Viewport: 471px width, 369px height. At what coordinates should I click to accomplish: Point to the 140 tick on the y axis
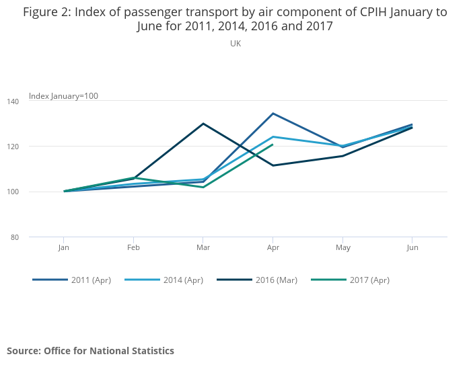(x=34, y=101)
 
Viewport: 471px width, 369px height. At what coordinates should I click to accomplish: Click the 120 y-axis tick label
(x=34, y=147)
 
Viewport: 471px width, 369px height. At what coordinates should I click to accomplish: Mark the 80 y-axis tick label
(x=34, y=237)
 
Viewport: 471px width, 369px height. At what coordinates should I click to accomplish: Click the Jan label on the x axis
(x=64, y=247)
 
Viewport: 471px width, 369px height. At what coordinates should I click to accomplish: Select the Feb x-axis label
(x=133, y=247)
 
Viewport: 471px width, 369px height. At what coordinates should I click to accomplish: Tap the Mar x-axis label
(x=203, y=247)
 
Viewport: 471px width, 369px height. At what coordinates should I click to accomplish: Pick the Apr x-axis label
(x=273, y=247)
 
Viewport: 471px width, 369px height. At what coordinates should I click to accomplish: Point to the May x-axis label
(x=342, y=247)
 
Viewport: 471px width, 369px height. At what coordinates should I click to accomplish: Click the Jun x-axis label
(x=412, y=247)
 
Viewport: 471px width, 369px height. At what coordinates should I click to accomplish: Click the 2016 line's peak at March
(x=203, y=124)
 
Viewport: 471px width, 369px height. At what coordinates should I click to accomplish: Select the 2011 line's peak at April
(x=273, y=113)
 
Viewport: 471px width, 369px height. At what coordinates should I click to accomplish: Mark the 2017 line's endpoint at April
(x=273, y=145)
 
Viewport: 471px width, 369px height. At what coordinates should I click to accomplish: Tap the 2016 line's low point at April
(x=273, y=165)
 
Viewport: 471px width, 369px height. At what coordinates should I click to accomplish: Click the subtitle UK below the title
(x=235, y=44)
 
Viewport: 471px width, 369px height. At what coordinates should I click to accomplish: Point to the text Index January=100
(x=63, y=95)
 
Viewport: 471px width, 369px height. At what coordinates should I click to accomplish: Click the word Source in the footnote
(x=24, y=351)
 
